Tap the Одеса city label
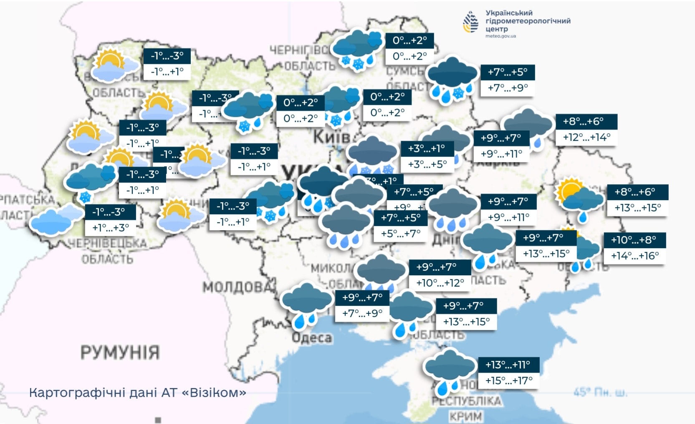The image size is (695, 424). pos(312,338)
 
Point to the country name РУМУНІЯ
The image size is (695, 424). pos(120,353)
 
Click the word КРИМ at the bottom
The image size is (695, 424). pos(466,416)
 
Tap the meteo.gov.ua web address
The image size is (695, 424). pos(500,36)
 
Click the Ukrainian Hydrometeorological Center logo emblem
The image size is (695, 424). pos(471,22)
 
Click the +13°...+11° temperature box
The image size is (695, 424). pos(508,365)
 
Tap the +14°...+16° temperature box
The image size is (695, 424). pos(634,256)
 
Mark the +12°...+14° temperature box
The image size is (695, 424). pos(586,137)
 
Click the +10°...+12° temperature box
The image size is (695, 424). pos(440,283)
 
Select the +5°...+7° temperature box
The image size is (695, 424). pos(401,234)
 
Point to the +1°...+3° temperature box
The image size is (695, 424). pos(111,228)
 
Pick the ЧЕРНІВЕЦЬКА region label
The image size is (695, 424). pos(107,243)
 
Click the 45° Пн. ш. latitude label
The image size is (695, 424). pos(600,393)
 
